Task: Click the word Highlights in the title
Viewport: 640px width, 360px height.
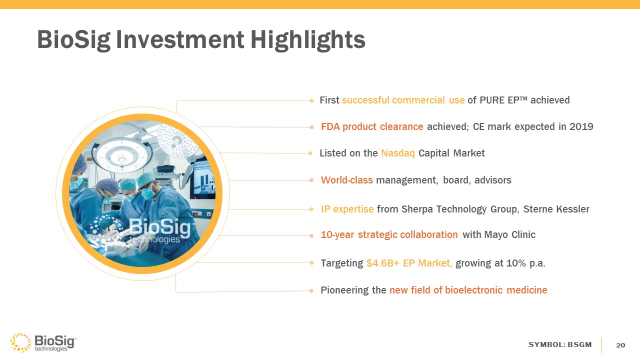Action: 307,40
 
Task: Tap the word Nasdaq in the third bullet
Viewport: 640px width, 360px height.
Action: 397,153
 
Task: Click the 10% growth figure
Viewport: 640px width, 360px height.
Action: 516,263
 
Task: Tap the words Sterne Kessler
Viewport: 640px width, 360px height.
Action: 556,209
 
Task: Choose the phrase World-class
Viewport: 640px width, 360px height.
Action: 347,180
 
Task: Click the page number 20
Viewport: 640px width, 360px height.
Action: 620,345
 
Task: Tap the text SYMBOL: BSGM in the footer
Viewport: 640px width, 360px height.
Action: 560,344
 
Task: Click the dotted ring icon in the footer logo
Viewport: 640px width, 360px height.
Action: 20,342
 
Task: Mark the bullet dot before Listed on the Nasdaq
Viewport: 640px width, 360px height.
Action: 310,153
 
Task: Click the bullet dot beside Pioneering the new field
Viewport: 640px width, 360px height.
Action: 311,291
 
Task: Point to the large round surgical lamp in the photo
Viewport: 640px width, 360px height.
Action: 122,156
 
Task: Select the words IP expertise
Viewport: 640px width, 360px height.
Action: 347,209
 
